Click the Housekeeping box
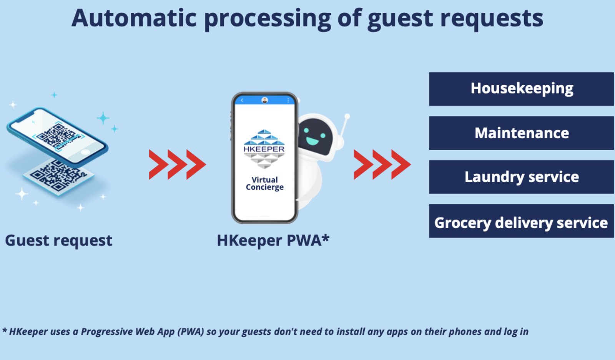point(521,89)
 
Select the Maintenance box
point(521,133)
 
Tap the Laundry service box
point(521,177)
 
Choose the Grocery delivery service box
point(521,221)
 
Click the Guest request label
point(58,241)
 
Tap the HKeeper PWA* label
point(273,241)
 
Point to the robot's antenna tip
point(347,116)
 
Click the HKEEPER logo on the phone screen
point(264,149)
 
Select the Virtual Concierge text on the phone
point(265,183)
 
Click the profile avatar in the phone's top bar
point(265,100)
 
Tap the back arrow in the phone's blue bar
point(242,100)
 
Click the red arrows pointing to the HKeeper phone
point(177,164)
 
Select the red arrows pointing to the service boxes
point(382,164)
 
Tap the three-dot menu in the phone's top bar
point(288,100)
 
